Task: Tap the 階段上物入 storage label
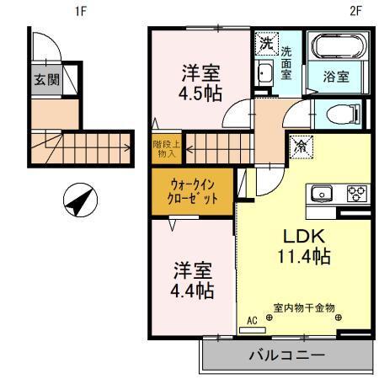163,148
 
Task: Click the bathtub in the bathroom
336,46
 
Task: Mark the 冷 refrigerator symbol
299,147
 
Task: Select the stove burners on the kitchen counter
355,195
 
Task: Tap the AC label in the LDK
251,321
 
